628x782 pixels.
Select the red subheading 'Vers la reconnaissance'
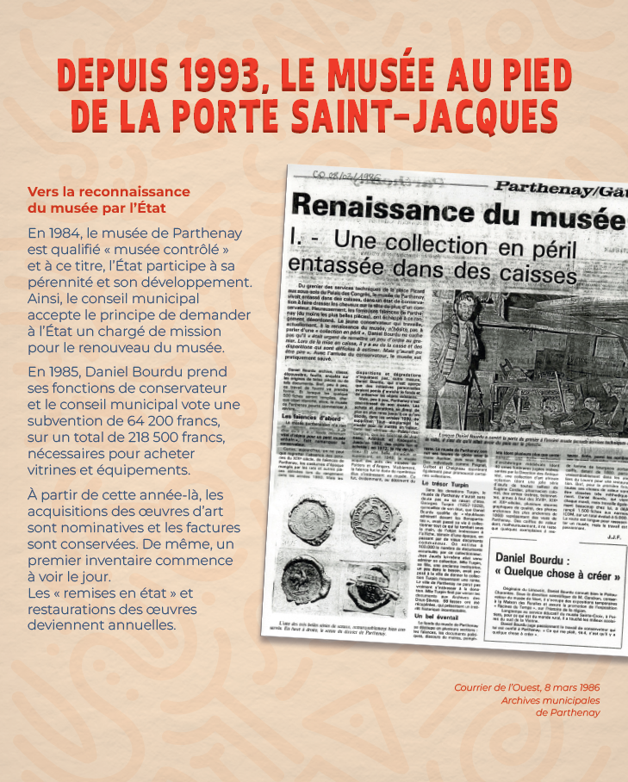click(x=109, y=191)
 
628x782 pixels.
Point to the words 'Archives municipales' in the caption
click(x=552, y=700)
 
